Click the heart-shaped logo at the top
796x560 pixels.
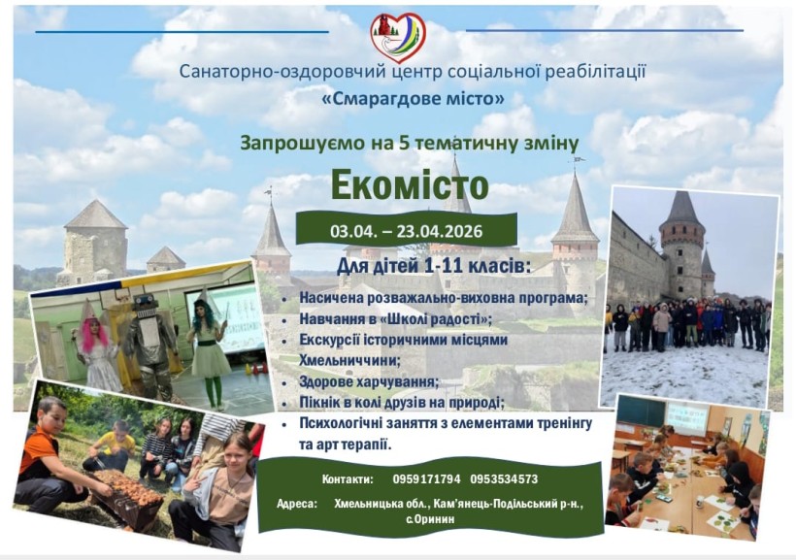(x=397, y=37)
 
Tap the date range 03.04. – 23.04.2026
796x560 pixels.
(x=407, y=231)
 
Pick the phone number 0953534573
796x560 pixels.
(x=503, y=479)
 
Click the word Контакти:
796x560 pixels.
(x=347, y=479)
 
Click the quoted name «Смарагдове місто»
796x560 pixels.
(x=413, y=98)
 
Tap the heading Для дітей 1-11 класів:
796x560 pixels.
(x=433, y=265)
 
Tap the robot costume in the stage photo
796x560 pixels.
(x=151, y=340)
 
